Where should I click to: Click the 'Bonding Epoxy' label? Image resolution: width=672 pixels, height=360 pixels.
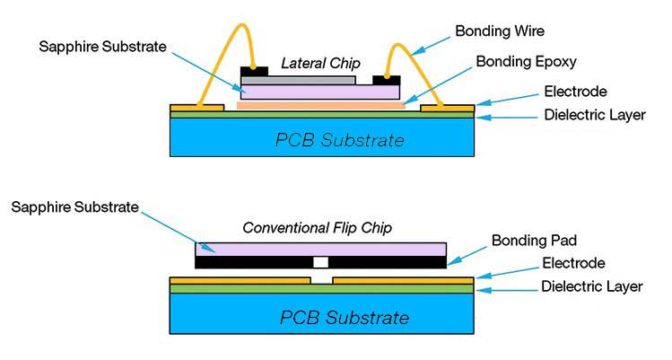[x=527, y=62]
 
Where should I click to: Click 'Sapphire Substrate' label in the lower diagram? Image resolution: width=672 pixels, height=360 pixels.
[x=75, y=207]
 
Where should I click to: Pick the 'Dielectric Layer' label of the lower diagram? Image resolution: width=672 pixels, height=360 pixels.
[x=592, y=286]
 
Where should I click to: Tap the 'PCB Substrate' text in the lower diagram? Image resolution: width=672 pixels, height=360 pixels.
[x=345, y=318]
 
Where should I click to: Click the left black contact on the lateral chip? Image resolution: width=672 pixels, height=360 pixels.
[x=254, y=71]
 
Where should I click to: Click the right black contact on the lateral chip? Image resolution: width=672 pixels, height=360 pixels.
[x=386, y=79]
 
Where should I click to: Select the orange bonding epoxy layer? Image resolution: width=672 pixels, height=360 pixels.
[x=320, y=105]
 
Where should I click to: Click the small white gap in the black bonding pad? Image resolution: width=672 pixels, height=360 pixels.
[x=320, y=262]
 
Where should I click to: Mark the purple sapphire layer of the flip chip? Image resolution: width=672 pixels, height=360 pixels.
[x=320, y=248]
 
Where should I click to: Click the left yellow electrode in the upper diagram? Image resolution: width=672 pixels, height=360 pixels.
[x=196, y=107]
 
